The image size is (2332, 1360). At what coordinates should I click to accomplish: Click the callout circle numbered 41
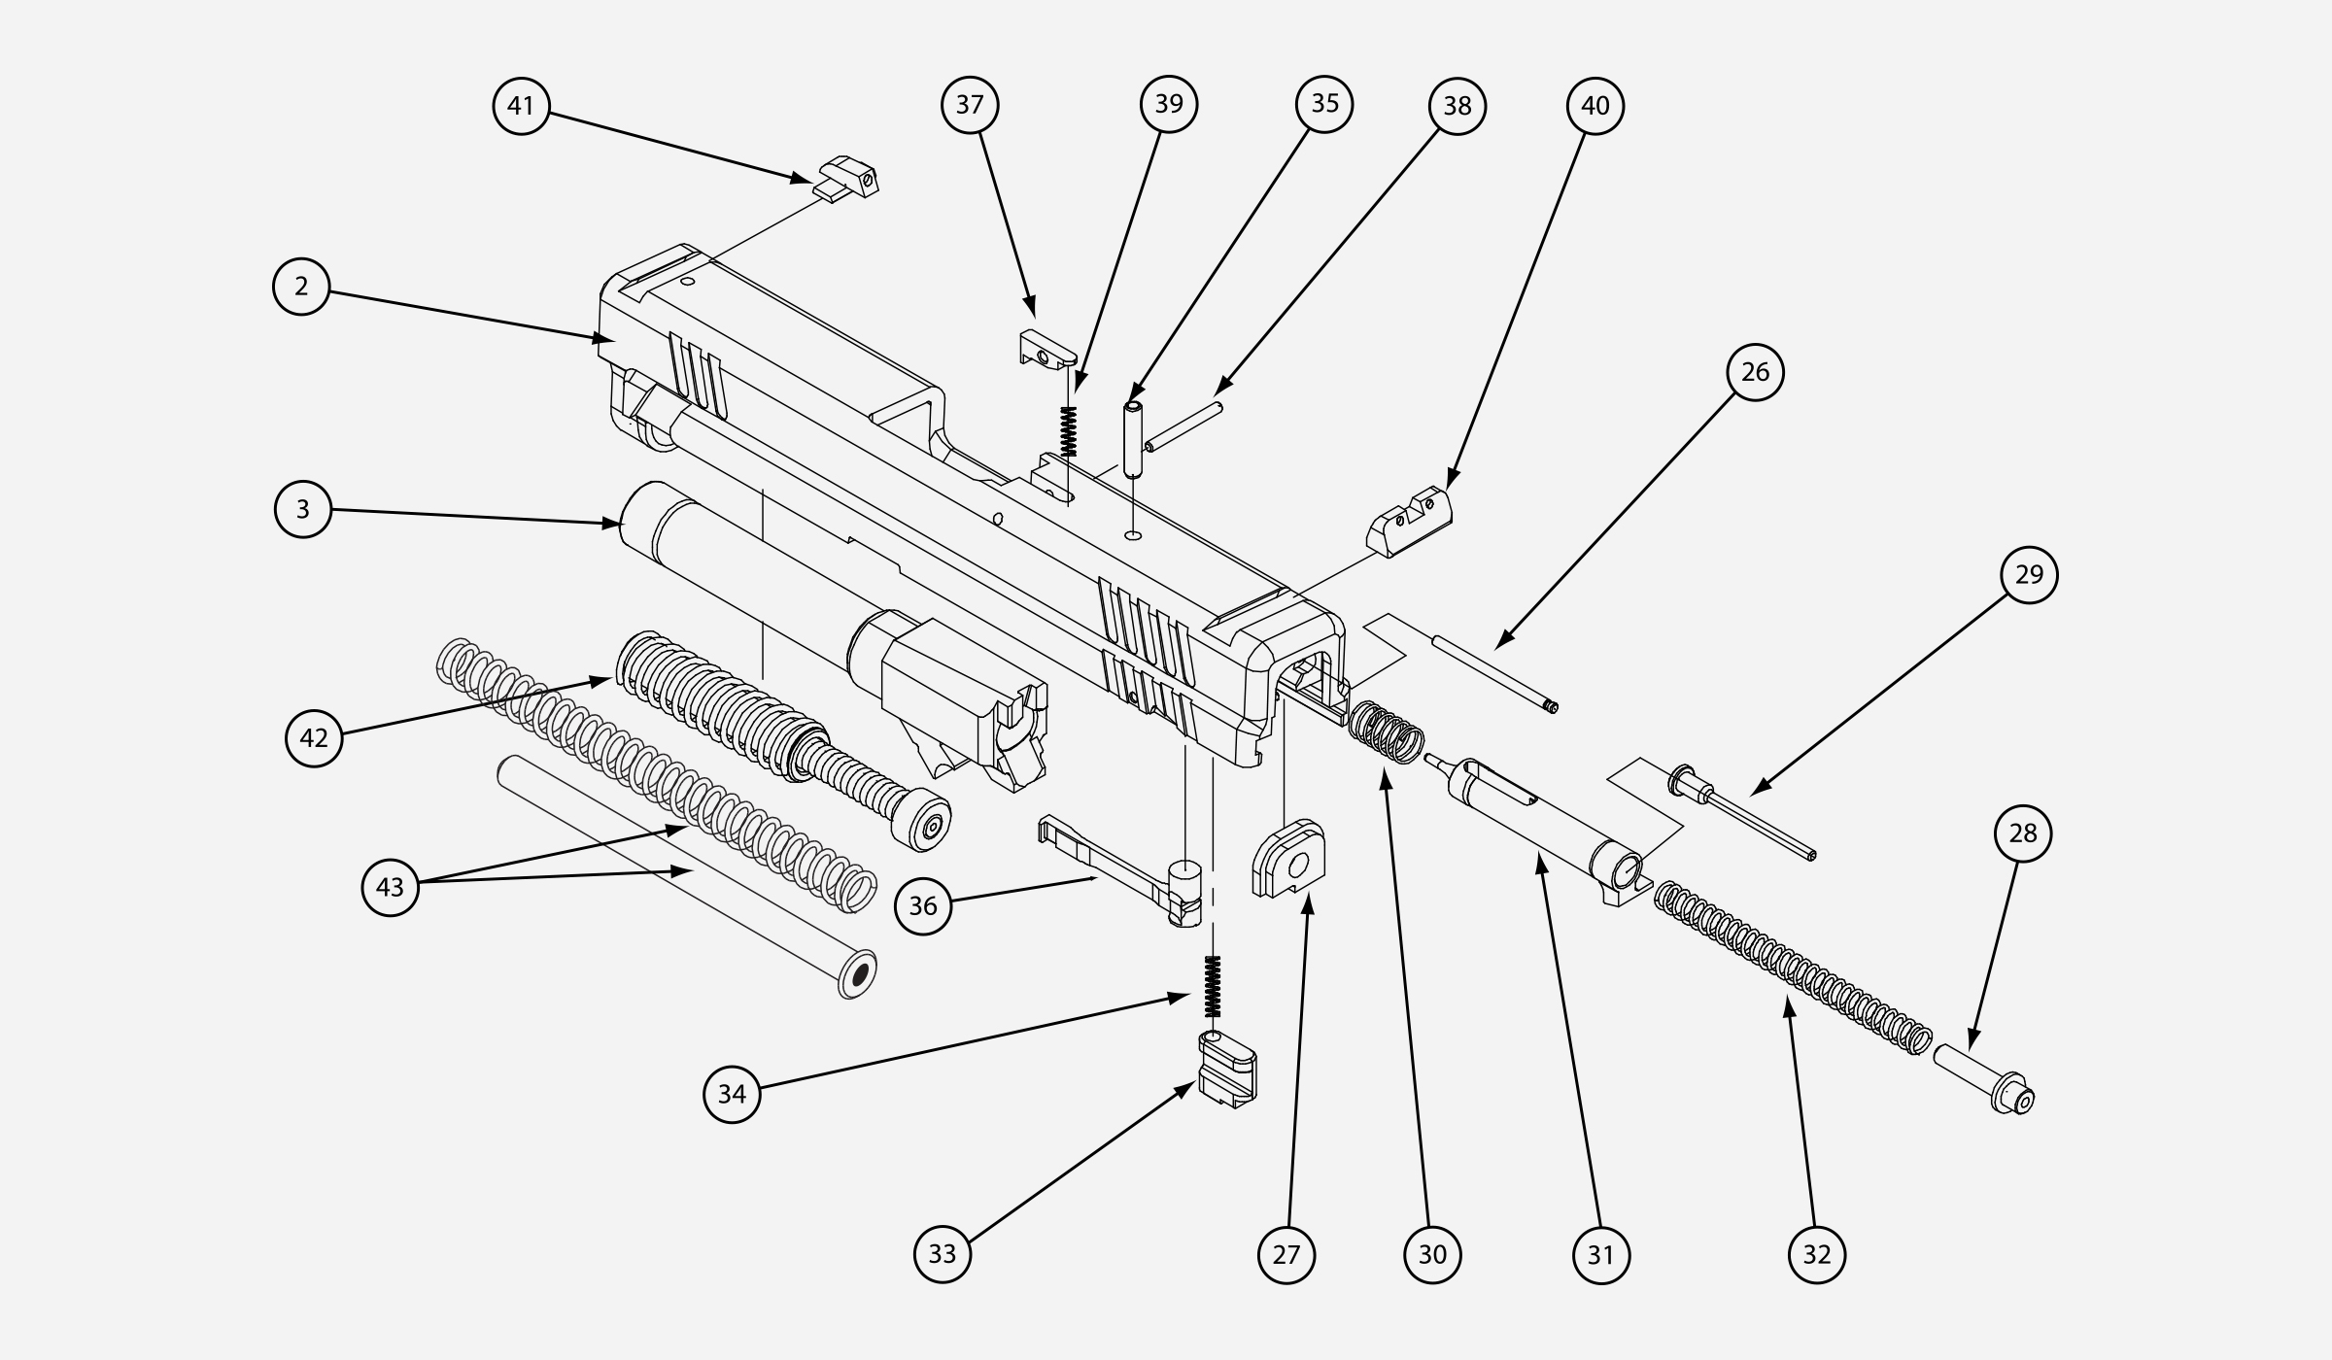point(521,105)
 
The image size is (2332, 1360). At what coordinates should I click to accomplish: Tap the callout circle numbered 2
point(301,287)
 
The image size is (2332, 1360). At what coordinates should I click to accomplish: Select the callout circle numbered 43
point(390,886)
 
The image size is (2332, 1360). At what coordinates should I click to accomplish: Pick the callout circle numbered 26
point(1755,371)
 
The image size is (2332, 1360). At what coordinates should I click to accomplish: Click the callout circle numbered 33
point(942,1253)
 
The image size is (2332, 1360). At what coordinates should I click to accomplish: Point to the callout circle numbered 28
point(2022,833)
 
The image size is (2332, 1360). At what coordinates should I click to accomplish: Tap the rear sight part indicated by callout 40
point(1410,522)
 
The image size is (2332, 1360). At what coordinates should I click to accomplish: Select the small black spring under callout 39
point(1070,430)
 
